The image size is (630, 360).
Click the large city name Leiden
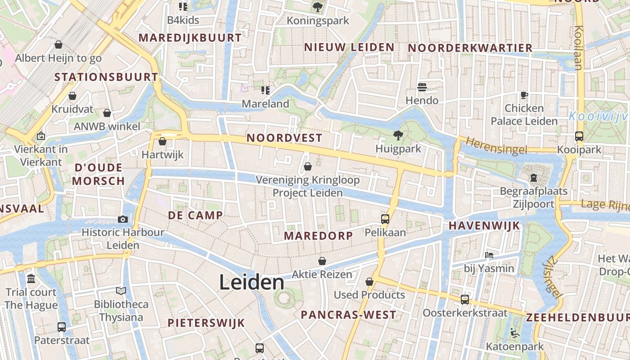coord(252,283)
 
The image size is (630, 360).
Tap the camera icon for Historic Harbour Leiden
coord(122,219)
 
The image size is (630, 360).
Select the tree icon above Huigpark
coord(398,135)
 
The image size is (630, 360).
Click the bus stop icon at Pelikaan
coord(385,219)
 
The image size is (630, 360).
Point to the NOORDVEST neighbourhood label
coord(284,138)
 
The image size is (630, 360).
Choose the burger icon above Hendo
coord(422,87)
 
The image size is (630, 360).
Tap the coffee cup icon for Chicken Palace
coord(524,95)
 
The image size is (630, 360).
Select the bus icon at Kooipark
coord(579,136)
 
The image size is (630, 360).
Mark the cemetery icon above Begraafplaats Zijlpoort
coord(534,178)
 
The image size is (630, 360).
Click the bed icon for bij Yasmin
coord(489,255)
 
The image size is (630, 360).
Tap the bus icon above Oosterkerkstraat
coord(464,299)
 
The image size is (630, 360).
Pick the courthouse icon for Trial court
coord(31,279)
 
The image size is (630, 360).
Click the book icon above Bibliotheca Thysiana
coord(121,291)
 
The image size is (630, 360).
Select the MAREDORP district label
coord(318,236)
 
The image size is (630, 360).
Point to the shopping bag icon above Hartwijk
coord(162,141)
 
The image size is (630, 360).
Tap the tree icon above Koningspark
coord(318,7)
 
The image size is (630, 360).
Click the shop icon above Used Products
coord(369,282)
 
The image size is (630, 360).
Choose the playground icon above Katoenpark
coord(515,333)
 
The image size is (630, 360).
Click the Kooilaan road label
coord(579,48)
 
